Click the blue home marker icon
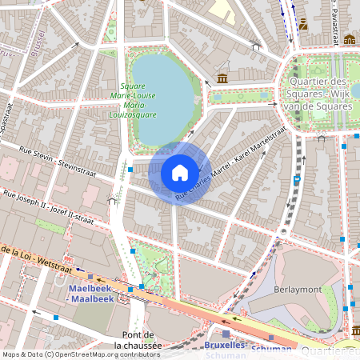(180, 173)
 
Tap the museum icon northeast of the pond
(222, 78)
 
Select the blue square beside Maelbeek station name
(141, 286)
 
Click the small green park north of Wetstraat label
(50, 227)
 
